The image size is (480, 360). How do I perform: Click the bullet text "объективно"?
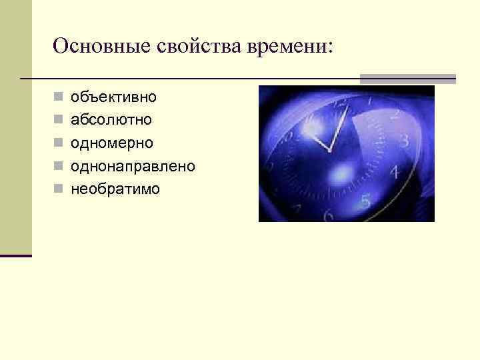114,97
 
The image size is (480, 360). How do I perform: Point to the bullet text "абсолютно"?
111,120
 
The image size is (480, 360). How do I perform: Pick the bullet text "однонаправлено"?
133,166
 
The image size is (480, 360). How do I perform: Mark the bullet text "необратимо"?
115,189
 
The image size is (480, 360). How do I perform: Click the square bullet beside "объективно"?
59,98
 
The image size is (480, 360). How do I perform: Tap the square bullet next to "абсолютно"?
59,121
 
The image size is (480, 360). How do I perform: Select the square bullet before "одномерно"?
59,143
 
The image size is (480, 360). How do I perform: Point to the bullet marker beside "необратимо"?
59,189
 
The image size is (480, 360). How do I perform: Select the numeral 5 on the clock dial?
365,200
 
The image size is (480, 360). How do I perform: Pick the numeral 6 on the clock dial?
328,215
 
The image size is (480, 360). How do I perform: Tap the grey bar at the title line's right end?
407,78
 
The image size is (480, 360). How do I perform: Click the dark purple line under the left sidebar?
16,255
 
